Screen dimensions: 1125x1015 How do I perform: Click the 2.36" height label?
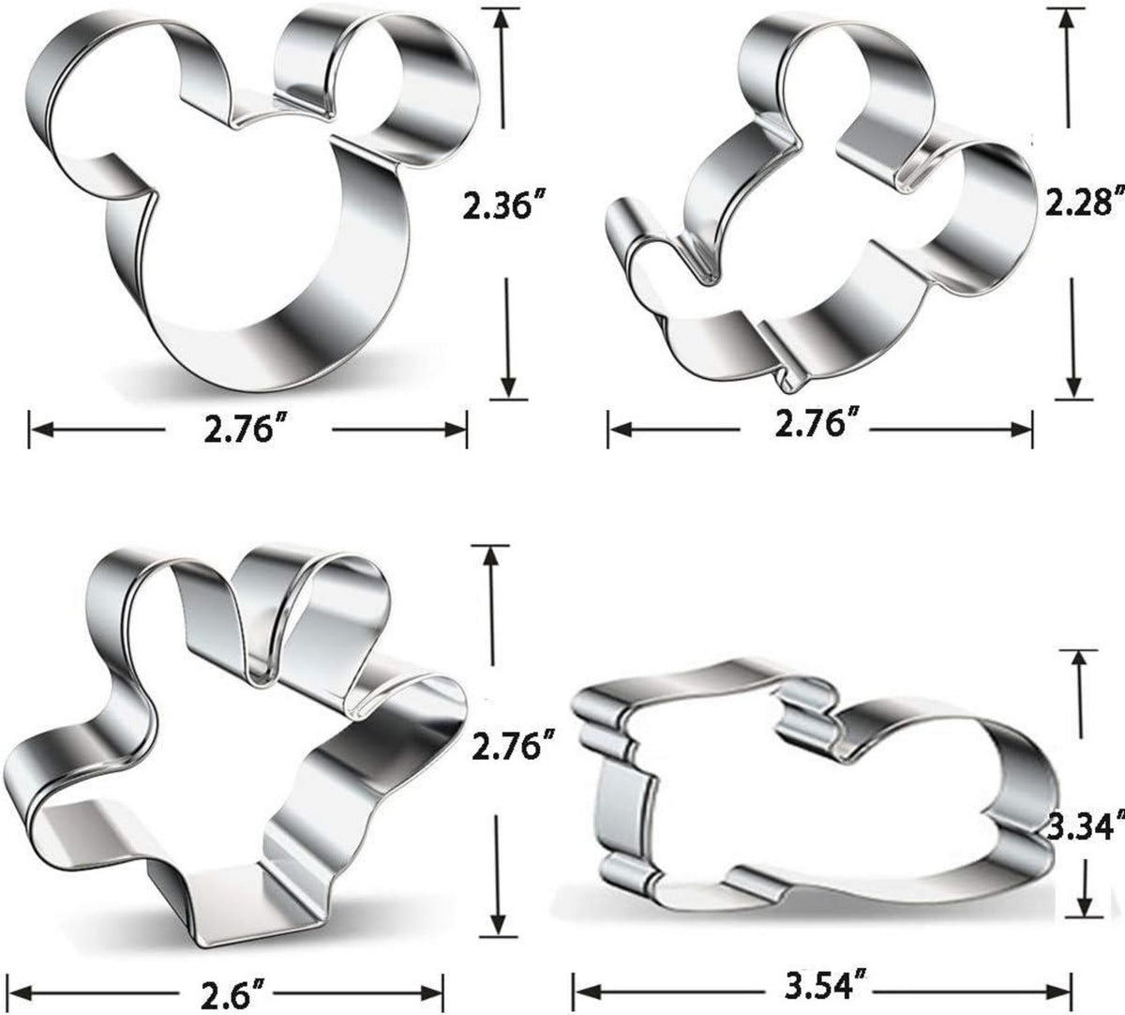(x=497, y=205)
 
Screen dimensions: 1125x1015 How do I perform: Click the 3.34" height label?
(x=1086, y=842)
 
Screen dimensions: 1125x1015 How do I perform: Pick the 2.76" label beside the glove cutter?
(x=513, y=746)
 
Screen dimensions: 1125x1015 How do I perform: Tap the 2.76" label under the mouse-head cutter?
(x=239, y=430)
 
